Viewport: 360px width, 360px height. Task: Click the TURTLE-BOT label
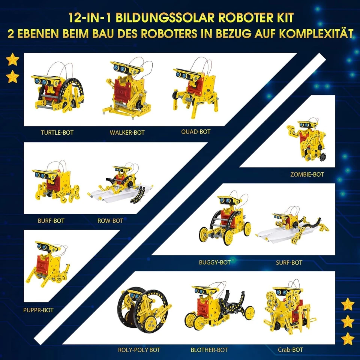[x=57, y=132]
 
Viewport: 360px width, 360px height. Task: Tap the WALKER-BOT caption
[x=127, y=132]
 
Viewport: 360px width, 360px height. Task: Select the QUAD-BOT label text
[x=196, y=132]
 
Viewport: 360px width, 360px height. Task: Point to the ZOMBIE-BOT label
[x=307, y=174]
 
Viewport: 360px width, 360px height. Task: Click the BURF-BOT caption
[x=51, y=220]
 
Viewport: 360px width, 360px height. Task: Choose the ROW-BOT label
[x=110, y=220]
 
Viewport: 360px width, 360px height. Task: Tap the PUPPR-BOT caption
[x=38, y=310]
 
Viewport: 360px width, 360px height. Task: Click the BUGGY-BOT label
[x=215, y=262]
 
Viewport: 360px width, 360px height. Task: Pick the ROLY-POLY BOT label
[x=139, y=350]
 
